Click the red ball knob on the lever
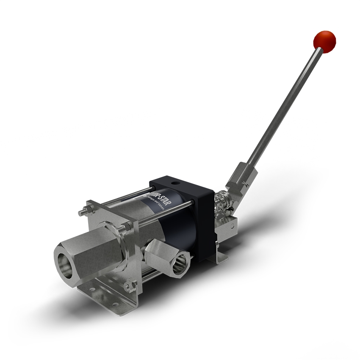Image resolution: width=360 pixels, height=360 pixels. (x=324, y=40)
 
